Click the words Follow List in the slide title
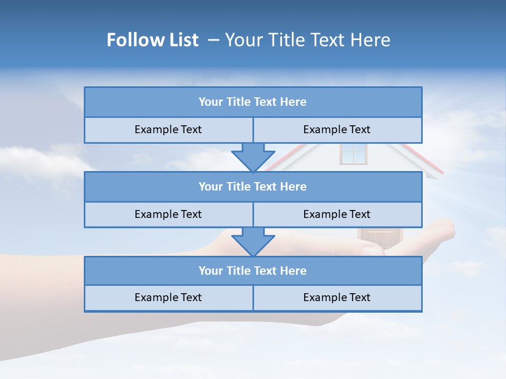152,40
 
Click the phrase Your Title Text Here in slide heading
308,40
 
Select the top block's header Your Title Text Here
252,102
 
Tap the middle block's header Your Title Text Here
252,187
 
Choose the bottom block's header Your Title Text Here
252,271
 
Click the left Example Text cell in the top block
168,130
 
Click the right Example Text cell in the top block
337,130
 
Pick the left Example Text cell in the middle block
168,215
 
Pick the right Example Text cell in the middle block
337,215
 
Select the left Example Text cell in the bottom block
168,298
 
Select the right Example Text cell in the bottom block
337,298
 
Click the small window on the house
353,153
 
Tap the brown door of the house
380,238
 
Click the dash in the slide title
213,40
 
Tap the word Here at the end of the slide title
372,40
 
